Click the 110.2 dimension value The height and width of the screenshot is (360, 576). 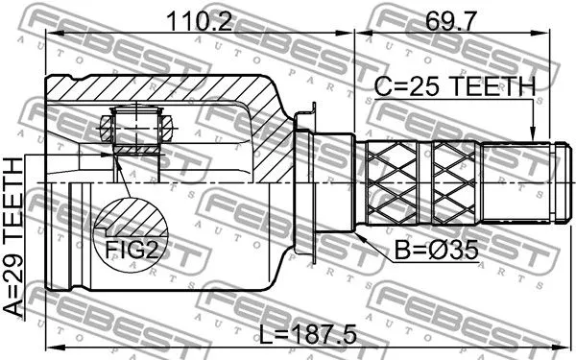201,20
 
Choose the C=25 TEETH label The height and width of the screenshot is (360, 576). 454,87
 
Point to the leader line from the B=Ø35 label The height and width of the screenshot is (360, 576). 379,240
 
